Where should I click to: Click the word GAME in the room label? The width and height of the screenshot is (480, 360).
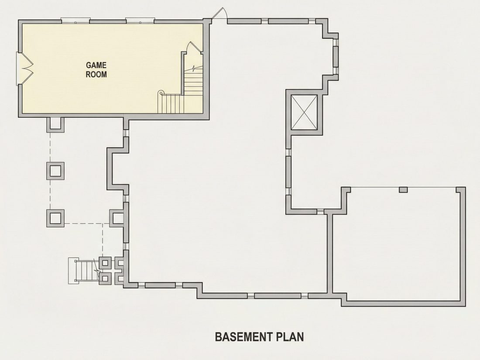click(x=96, y=65)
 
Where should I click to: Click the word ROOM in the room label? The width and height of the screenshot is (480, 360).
click(x=96, y=74)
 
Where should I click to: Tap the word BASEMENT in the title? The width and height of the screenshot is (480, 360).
click(x=244, y=337)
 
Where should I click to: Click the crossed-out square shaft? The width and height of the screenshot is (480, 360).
click(x=304, y=112)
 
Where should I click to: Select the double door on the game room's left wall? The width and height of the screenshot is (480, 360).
click(x=24, y=68)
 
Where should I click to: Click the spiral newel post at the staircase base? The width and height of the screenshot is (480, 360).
click(x=161, y=93)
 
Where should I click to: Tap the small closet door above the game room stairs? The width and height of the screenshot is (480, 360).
click(x=194, y=48)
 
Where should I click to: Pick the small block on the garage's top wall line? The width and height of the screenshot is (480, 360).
click(x=404, y=190)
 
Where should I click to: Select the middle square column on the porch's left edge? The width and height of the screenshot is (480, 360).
click(x=55, y=171)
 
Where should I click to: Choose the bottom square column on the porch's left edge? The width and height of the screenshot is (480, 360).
click(x=55, y=218)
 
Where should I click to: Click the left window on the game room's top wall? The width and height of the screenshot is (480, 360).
click(x=75, y=21)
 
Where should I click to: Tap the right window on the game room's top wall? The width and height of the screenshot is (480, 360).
click(x=140, y=21)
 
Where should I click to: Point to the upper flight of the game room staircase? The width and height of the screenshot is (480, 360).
click(x=193, y=81)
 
